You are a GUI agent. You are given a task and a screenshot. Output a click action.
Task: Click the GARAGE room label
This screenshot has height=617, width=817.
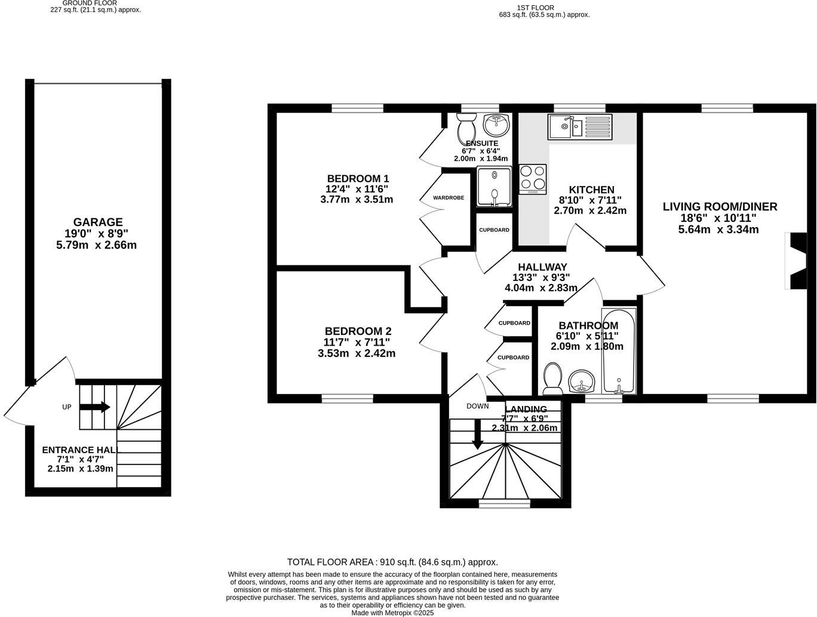[x=98, y=222]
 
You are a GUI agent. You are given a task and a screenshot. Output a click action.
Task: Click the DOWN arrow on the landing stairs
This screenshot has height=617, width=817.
[x=477, y=434]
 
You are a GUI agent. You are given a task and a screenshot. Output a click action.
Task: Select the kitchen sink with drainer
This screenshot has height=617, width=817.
[x=580, y=126]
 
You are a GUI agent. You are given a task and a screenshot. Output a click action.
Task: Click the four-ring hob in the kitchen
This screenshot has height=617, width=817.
[x=533, y=178]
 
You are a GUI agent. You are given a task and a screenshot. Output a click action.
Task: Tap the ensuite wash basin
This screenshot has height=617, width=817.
[x=496, y=125]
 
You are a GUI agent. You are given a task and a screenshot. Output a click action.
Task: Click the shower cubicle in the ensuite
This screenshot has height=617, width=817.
[x=494, y=187]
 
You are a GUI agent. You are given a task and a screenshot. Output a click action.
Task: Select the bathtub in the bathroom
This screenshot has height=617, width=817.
[x=619, y=352]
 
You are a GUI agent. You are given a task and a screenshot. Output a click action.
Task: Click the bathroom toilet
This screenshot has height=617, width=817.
[x=553, y=379]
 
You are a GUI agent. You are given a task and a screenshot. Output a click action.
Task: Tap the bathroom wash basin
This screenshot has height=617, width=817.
[x=581, y=381]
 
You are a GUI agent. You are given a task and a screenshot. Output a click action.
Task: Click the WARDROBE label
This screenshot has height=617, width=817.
[x=449, y=197]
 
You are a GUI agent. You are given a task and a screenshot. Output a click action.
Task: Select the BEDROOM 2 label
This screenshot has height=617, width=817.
[x=358, y=331]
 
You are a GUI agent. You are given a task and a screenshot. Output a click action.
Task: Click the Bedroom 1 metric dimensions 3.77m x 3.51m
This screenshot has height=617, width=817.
[x=357, y=200]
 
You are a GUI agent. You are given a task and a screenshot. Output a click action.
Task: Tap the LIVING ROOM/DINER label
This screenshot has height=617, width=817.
[x=720, y=207]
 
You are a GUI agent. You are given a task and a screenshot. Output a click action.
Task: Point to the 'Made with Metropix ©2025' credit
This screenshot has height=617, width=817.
[x=392, y=613]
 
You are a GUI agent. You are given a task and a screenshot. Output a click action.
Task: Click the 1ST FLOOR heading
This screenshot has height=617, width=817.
[x=536, y=8]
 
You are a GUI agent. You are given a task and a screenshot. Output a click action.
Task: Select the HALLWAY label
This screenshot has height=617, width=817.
[x=542, y=267]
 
